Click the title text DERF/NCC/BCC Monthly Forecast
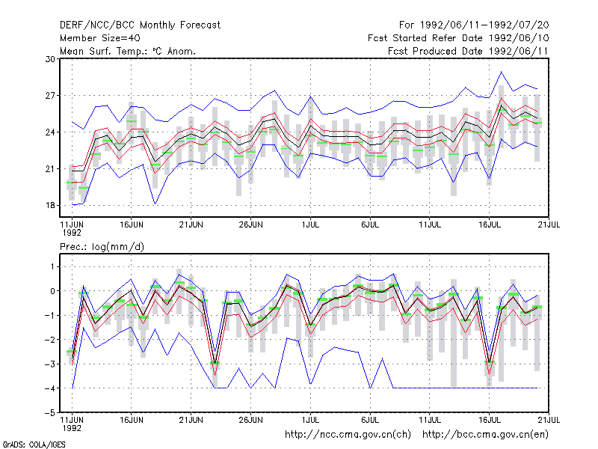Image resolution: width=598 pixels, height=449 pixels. [x=140, y=25]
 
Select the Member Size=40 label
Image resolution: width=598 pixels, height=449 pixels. [x=100, y=38]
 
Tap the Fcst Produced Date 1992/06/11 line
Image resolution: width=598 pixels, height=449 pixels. [x=468, y=51]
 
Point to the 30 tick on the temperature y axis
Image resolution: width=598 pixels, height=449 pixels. [x=50, y=59]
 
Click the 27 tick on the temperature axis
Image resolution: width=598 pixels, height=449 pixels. [x=50, y=96]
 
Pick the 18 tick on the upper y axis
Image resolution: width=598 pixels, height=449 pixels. [x=50, y=205]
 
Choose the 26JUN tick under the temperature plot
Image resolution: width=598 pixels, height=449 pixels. [x=250, y=224]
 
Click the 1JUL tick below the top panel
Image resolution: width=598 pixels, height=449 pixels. [x=310, y=224]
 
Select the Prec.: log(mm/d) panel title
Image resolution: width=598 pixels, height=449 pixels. [x=102, y=247]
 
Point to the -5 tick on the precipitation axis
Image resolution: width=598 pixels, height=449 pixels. [x=49, y=413]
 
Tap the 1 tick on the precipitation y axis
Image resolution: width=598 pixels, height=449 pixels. [x=52, y=266]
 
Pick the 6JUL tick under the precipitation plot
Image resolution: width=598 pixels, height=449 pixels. [x=370, y=420]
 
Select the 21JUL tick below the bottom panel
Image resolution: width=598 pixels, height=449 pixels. [x=549, y=420]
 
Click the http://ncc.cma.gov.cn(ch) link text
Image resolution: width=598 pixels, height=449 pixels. [x=348, y=435]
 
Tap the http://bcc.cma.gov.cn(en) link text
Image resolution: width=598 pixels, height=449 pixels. [x=485, y=435]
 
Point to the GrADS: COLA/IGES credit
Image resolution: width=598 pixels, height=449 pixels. [x=34, y=445]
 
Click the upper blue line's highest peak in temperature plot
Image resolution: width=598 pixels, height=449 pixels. [x=501, y=72]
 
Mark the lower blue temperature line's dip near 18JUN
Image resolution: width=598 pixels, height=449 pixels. [x=155, y=204]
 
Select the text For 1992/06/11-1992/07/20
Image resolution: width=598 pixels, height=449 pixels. [x=474, y=25]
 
